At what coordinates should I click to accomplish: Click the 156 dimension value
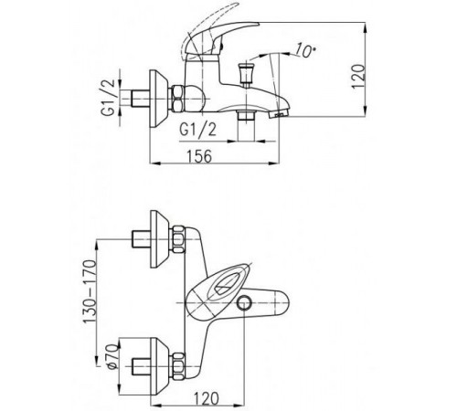click(x=199, y=156)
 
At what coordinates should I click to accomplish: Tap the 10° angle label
click(x=304, y=50)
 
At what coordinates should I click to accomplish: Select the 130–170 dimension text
click(x=90, y=291)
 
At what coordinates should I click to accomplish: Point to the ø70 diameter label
click(x=112, y=356)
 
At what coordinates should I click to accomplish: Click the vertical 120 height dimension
click(x=358, y=76)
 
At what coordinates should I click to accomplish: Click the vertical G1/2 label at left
click(x=109, y=97)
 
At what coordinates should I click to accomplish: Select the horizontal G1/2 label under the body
click(x=198, y=129)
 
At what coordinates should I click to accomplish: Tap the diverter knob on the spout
click(x=246, y=73)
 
